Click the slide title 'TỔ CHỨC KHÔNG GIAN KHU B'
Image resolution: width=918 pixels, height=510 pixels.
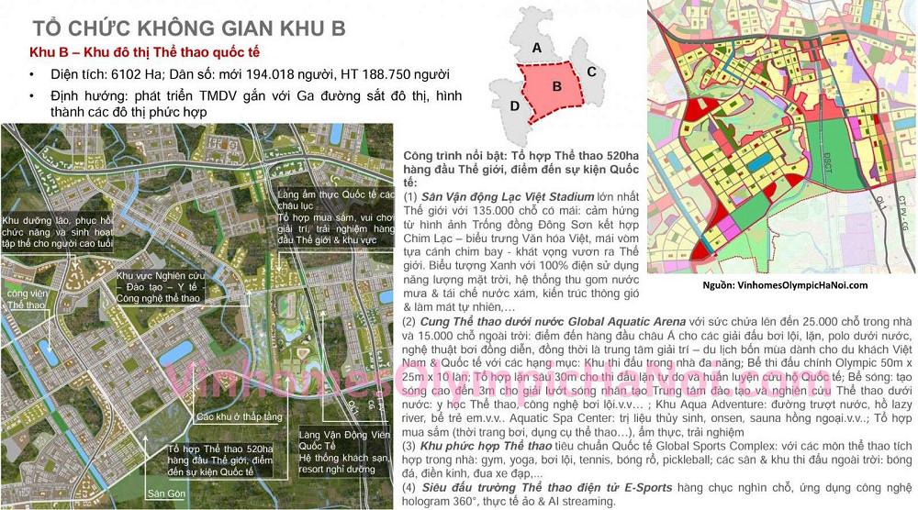pos(188,28)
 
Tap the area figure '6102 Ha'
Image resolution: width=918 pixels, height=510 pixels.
pos(148,74)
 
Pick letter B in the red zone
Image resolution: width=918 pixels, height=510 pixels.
pos(556,86)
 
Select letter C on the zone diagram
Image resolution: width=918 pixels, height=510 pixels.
pos(592,72)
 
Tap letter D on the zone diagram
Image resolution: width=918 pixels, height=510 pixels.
pos(515,106)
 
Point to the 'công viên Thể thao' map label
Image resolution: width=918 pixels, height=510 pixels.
pos(25,299)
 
